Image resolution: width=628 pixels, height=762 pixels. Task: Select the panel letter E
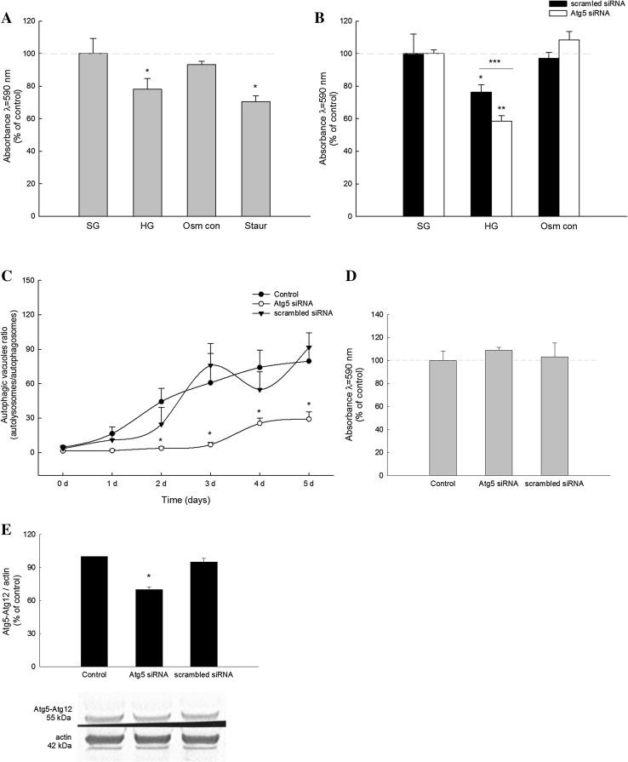[6, 530]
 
